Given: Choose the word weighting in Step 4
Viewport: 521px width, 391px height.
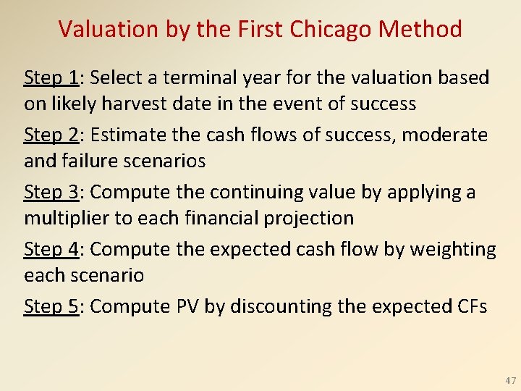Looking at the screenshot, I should pyautogui.click(x=453, y=250).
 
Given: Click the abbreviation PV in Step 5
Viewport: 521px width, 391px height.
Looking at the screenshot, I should pyautogui.click(x=187, y=306).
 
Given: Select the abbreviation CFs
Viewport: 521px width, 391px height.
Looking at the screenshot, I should pyautogui.click(x=473, y=306).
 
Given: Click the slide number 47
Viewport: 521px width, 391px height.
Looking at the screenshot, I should pyautogui.click(x=511, y=380).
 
